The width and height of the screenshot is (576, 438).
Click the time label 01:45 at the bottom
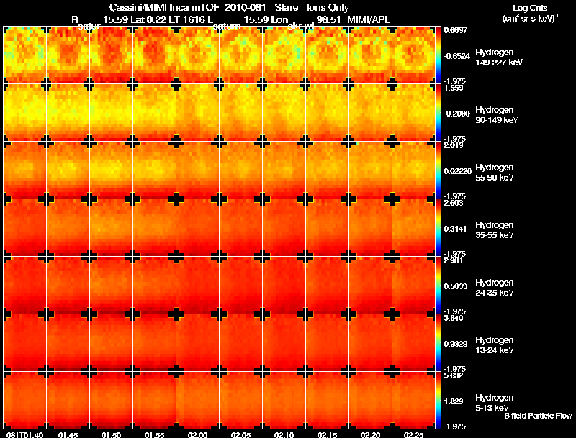click(68, 434)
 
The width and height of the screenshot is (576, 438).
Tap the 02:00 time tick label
click(198, 434)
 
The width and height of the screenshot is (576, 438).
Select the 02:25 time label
click(414, 434)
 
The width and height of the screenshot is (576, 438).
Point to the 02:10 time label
click(284, 434)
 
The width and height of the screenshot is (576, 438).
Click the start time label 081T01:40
click(24, 434)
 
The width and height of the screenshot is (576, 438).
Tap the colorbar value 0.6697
click(456, 31)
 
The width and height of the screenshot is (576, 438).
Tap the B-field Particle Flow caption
click(537, 416)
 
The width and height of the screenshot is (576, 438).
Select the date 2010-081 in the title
click(238, 8)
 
